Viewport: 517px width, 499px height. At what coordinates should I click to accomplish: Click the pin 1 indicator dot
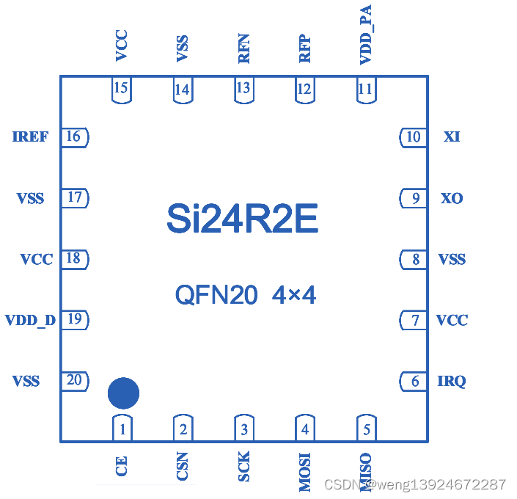(x=123, y=394)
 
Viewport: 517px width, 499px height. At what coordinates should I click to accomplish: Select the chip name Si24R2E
(x=243, y=218)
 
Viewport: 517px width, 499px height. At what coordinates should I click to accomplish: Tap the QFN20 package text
(x=216, y=295)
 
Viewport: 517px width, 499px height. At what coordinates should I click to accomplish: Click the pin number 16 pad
(x=74, y=136)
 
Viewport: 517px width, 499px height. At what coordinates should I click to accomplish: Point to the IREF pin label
(x=31, y=136)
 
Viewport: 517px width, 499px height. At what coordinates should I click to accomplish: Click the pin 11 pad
(x=365, y=90)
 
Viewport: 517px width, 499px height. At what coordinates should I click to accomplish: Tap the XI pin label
(x=452, y=136)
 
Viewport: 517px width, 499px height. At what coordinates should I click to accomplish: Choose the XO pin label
(x=452, y=198)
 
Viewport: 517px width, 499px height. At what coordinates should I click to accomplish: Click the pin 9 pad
(x=414, y=198)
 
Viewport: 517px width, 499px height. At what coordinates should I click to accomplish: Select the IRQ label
(x=452, y=381)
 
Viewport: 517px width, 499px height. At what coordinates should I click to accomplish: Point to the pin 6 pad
(x=414, y=381)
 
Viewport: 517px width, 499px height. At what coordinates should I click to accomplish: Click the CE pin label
(x=122, y=466)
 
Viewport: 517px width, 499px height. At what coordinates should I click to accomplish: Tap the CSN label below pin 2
(x=183, y=466)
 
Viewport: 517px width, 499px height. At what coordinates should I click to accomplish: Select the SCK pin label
(x=244, y=466)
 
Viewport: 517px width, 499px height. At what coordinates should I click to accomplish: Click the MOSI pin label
(x=305, y=471)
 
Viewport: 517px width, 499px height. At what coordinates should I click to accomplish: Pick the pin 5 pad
(x=366, y=428)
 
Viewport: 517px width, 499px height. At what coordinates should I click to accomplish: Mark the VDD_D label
(x=30, y=320)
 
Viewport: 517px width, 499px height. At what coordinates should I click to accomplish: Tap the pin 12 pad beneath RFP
(x=304, y=90)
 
